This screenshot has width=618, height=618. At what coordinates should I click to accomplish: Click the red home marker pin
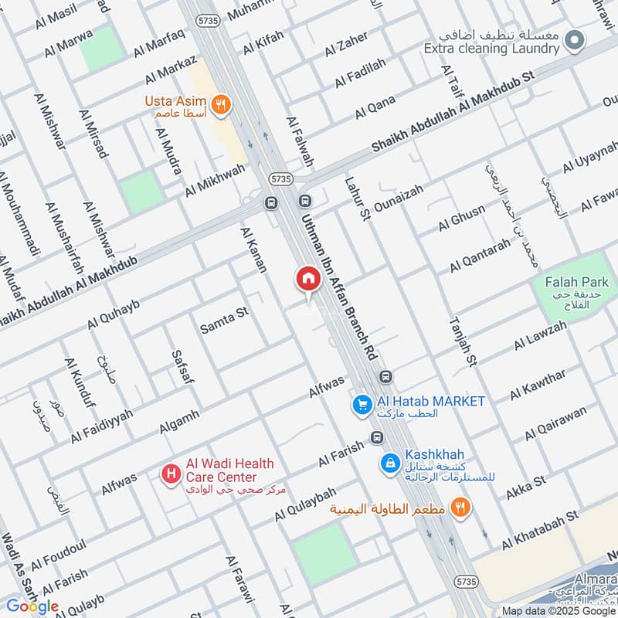(x=307, y=279)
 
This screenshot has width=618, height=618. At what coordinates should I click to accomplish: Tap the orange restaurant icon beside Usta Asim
(x=222, y=106)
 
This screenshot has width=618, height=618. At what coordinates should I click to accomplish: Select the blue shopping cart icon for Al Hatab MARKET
(x=361, y=403)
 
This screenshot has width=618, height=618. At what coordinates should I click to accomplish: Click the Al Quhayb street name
(x=114, y=315)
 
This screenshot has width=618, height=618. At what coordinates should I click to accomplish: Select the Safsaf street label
(x=180, y=366)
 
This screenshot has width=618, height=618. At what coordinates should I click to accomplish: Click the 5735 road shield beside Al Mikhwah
(x=282, y=178)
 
